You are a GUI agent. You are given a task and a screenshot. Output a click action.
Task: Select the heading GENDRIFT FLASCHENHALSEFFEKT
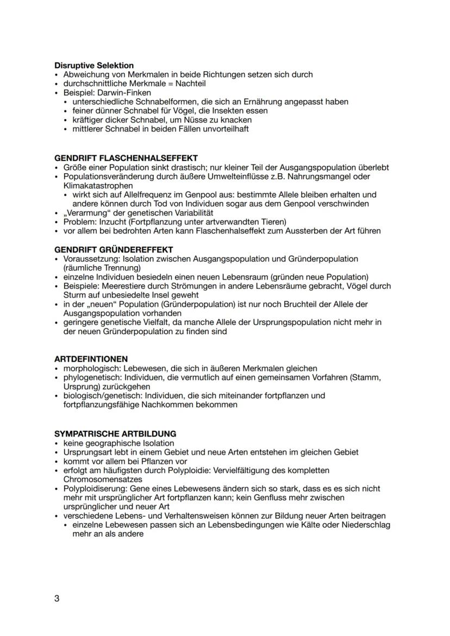click(126, 158)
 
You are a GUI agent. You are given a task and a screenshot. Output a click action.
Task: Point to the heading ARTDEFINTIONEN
click(91, 359)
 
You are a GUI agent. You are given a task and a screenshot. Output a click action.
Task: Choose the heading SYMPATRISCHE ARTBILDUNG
click(115, 434)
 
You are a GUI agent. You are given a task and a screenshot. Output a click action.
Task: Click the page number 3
click(57, 599)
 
